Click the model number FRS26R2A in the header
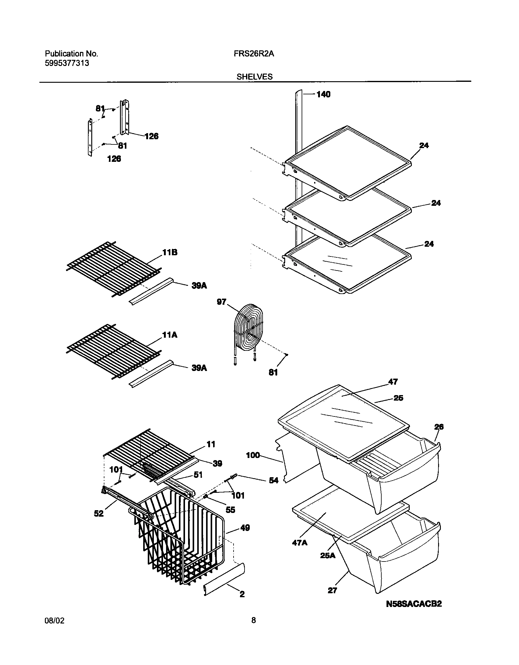click(254, 54)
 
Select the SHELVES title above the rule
click(254, 77)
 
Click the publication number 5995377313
click(67, 64)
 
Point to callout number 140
click(323, 94)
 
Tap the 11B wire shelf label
click(170, 253)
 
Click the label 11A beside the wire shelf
click(170, 335)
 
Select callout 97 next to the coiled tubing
click(221, 302)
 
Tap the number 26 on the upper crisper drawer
click(439, 427)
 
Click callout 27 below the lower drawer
click(332, 591)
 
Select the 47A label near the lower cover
click(299, 543)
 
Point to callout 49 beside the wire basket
click(245, 528)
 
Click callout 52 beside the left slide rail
click(99, 514)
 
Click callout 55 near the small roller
click(230, 510)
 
